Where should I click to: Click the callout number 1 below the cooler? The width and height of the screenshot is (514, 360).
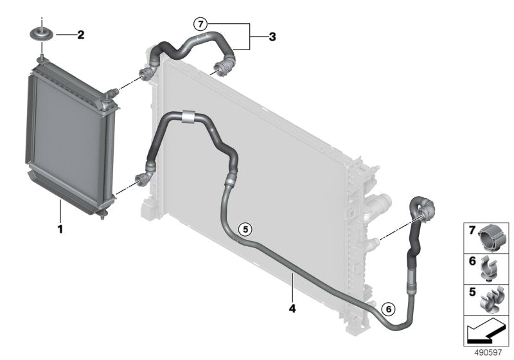(x=60, y=228)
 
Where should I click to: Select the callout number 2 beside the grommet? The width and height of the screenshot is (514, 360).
(x=80, y=35)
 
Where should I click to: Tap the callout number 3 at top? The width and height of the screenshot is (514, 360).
(x=272, y=37)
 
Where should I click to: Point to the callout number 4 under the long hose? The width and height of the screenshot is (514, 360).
(x=292, y=309)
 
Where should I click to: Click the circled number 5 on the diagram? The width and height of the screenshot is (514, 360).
(x=244, y=228)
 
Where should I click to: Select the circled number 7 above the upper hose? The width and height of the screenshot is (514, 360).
(x=202, y=25)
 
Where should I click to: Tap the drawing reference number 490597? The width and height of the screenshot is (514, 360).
(x=488, y=352)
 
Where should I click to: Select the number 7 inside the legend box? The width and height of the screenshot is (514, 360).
(x=472, y=230)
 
